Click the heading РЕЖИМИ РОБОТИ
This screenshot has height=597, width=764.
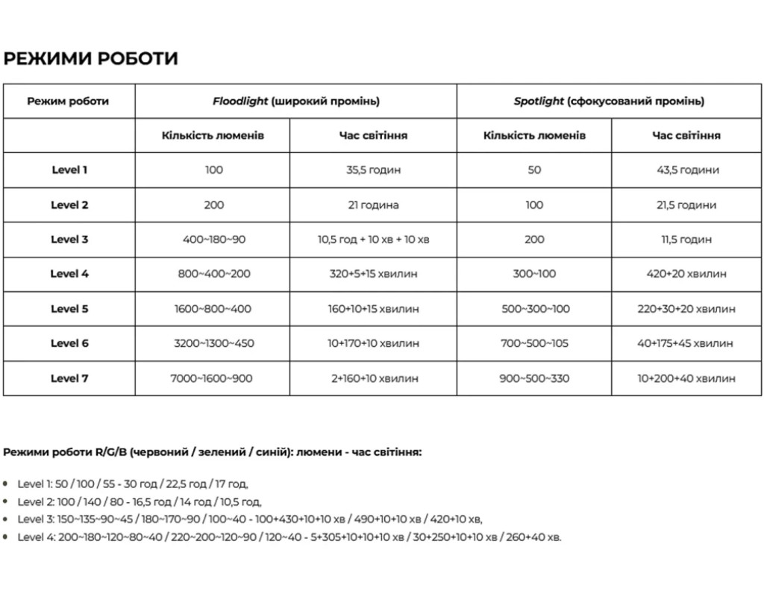click(x=91, y=58)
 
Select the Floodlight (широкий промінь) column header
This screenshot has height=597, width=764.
click(x=295, y=101)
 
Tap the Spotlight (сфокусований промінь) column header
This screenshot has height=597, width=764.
click(x=608, y=101)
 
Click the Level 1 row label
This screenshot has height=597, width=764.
click(x=69, y=169)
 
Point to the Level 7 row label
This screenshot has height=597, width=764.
click(x=69, y=378)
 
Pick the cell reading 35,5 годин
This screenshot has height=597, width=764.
click(x=373, y=169)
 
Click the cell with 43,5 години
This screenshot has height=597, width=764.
click(x=687, y=169)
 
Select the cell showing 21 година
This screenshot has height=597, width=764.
click(x=373, y=204)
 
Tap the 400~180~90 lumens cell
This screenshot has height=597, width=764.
click(x=213, y=240)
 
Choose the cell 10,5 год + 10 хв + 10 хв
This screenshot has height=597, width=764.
click(x=373, y=240)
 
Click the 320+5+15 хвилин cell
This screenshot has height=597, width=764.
click(x=373, y=274)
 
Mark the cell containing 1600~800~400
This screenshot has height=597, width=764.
click(x=213, y=309)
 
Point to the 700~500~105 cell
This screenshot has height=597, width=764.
click(x=534, y=343)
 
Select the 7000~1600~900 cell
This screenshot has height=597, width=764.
click(x=213, y=378)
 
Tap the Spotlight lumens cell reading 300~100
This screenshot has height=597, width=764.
click(x=534, y=274)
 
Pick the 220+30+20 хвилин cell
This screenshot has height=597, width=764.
click(x=686, y=309)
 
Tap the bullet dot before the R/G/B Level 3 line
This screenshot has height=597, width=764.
click(x=6, y=518)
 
